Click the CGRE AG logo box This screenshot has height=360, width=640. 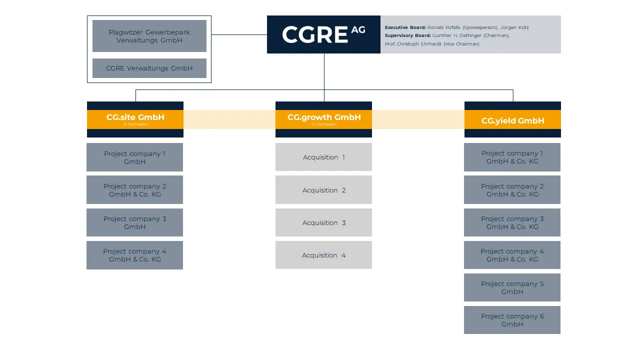click(x=323, y=34)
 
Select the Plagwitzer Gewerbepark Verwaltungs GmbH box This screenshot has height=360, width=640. click(x=149, y=36)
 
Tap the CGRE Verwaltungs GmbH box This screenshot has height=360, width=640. click(x=149, y=68)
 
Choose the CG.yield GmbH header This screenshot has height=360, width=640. click(x=512, y=120)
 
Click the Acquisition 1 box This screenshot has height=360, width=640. click(x=323, y=157)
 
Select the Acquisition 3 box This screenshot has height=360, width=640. click(x=323, y=222)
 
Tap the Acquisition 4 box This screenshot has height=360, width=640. click(x=323, y=255)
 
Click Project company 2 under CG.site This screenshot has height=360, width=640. click(x=134, y=190)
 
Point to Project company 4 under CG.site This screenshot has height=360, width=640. click(x=134, y=255)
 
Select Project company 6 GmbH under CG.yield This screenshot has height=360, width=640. click(x=512, y=320)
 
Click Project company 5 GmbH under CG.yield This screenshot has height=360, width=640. click(x=512, y=287)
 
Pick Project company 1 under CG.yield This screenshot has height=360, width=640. click(x=512, y=157)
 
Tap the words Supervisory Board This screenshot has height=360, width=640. click(x=407, y=35)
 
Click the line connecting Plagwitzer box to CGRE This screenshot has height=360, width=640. click(x=239, y=35)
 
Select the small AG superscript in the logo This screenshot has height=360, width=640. click(x=358, y=29)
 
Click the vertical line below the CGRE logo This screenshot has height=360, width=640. click(x=324, y=72)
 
